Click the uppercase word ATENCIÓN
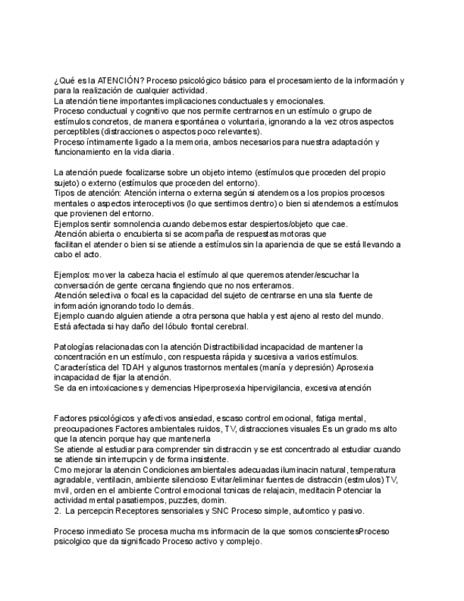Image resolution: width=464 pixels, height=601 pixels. [x=119, y=82]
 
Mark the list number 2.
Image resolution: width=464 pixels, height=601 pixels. [x=57, y=510]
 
